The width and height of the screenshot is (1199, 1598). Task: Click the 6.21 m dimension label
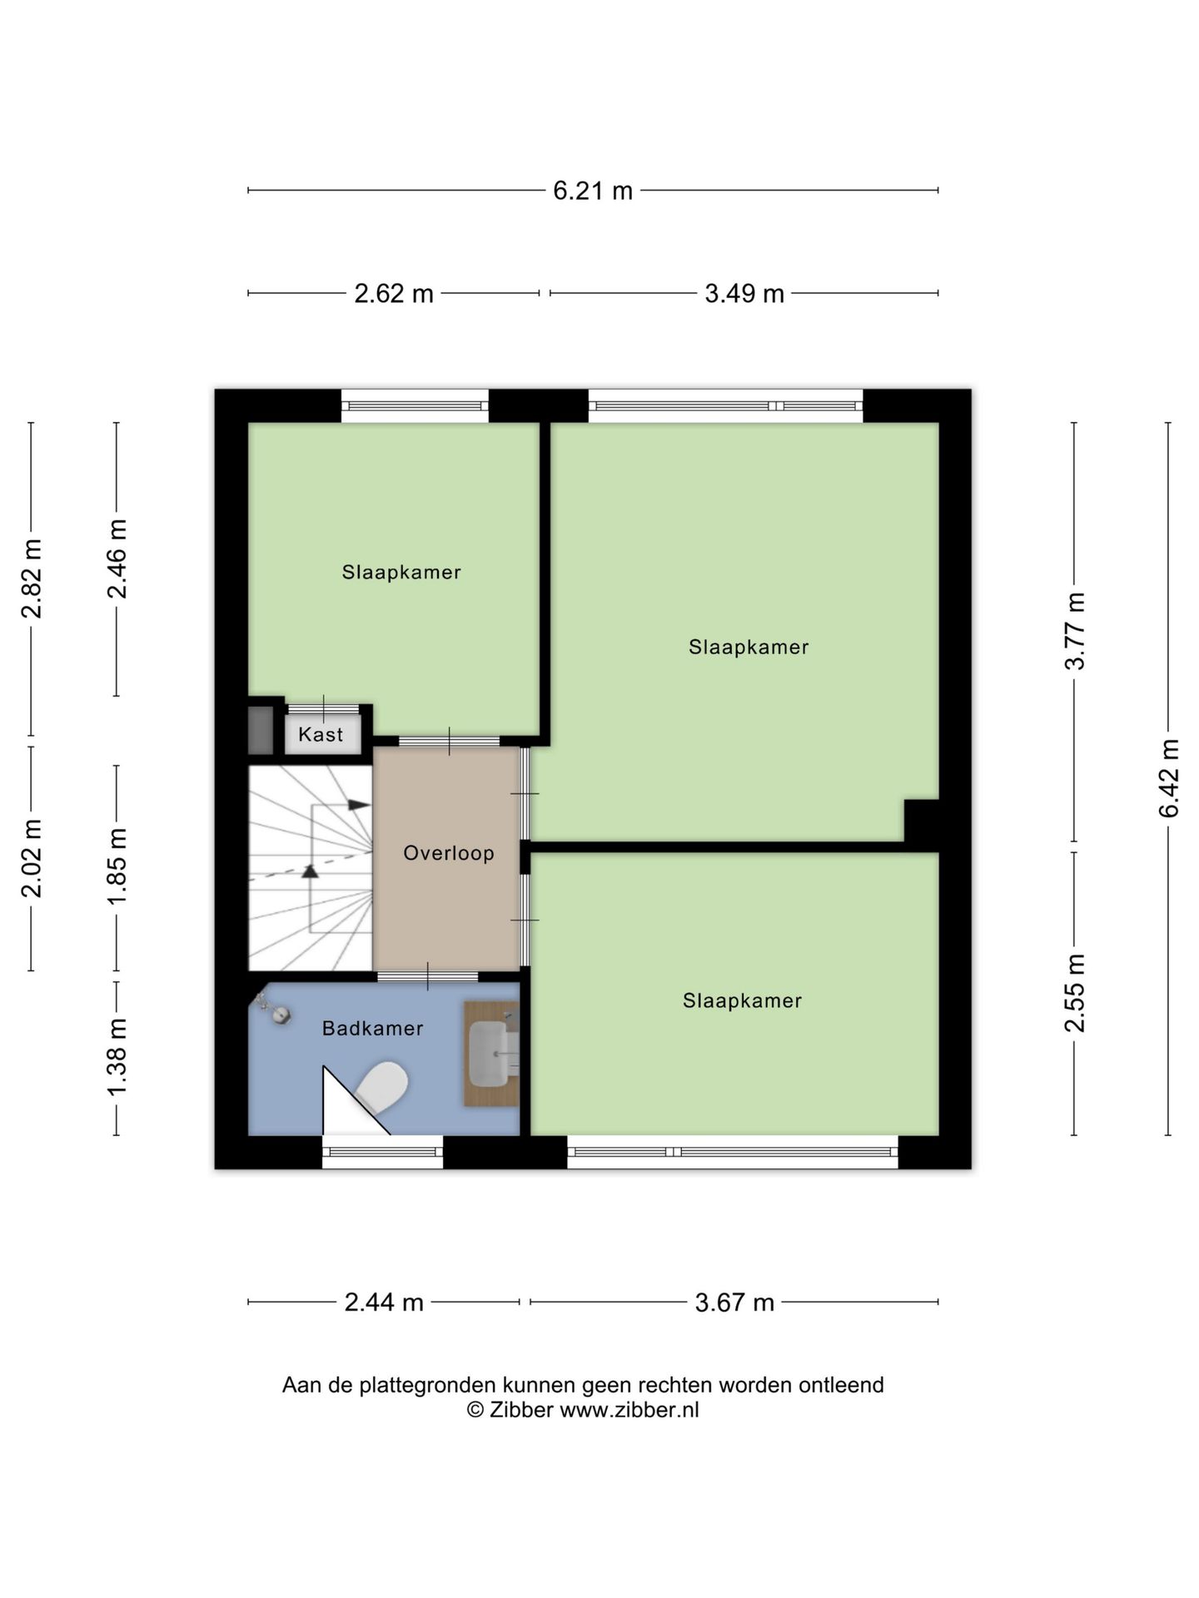pyautogui.click(x=593, y=191)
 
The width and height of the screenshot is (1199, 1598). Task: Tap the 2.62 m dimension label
pyautogui.click(x=394, y=293)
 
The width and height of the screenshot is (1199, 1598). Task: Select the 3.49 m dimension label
pyautogui.click(x=744, y=293)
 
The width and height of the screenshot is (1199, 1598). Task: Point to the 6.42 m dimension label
pyautogui.click(x=1169, y=778)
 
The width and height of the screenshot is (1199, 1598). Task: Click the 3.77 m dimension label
pyautogui.click(x=1075, y=631)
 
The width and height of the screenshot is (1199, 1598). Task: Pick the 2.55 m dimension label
pyautogui.click(x=1075, y=993)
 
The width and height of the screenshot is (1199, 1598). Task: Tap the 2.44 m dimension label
pyautogui.click(x=384, y=1302)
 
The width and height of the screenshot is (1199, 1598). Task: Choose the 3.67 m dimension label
pyautogui.click(x=734, y=1302)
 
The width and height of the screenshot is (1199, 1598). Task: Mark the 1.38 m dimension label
pyautogui.click(x=117, y=1057)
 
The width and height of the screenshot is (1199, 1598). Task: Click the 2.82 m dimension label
pyautogui.click(x=32, y=578)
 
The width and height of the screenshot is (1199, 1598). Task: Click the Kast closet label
pyautogui.click(x=321, y=734)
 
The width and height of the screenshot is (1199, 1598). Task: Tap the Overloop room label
pyautogui.click(x=449, y=853)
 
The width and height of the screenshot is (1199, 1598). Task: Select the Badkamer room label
pyautogui.click(x=373, y=1028)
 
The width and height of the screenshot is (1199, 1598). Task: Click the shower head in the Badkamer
pyautogui.click(x=282, y=1015)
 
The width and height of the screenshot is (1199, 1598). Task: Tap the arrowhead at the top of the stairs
pyautogui.click(x=359, y=805)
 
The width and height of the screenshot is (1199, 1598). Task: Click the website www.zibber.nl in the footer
pyautogui.click(x=629, y=1409)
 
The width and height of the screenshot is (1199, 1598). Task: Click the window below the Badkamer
pyautogui.click(x=382, y=1152)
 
